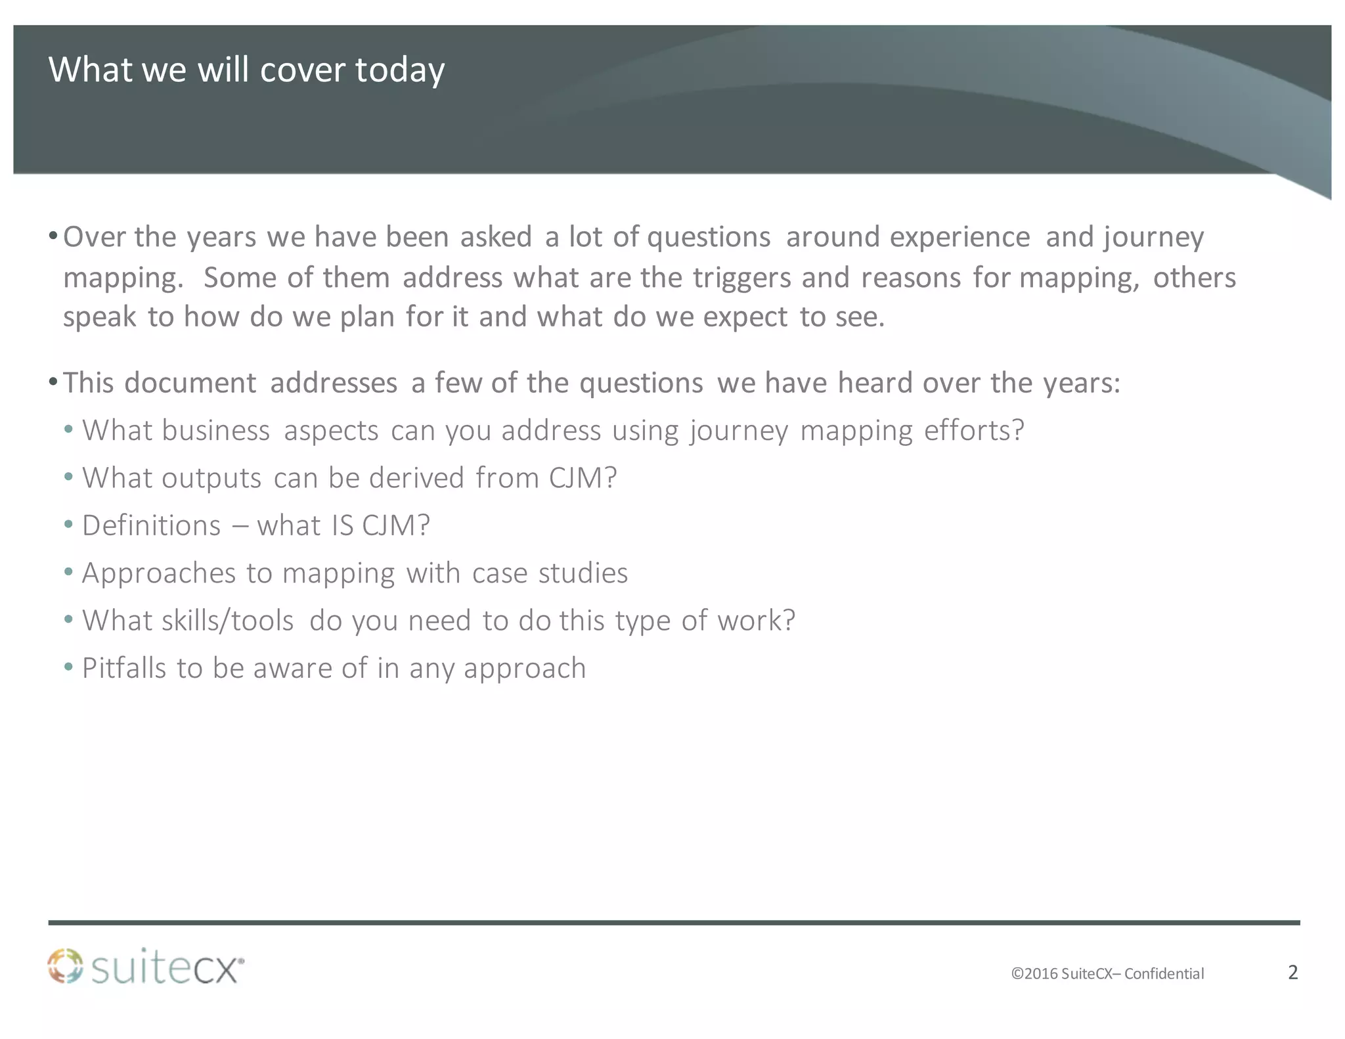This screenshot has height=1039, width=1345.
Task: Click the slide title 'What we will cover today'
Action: tap(246, 70)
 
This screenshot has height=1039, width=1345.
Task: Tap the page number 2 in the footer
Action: tap(1292, 972)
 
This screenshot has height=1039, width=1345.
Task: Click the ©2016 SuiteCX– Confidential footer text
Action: tap(1107, 973)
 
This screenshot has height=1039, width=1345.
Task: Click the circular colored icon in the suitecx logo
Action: tap(65, 965)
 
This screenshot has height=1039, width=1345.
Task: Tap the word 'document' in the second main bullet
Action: tap(190, 383)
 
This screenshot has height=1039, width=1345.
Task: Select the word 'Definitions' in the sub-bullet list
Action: tap(151, 525)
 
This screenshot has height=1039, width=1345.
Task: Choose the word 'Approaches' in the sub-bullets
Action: tap(158, 573)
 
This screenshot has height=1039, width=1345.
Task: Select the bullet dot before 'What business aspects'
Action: tap(69, 431)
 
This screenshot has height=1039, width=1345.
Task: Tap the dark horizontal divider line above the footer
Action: tap(674, 923)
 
